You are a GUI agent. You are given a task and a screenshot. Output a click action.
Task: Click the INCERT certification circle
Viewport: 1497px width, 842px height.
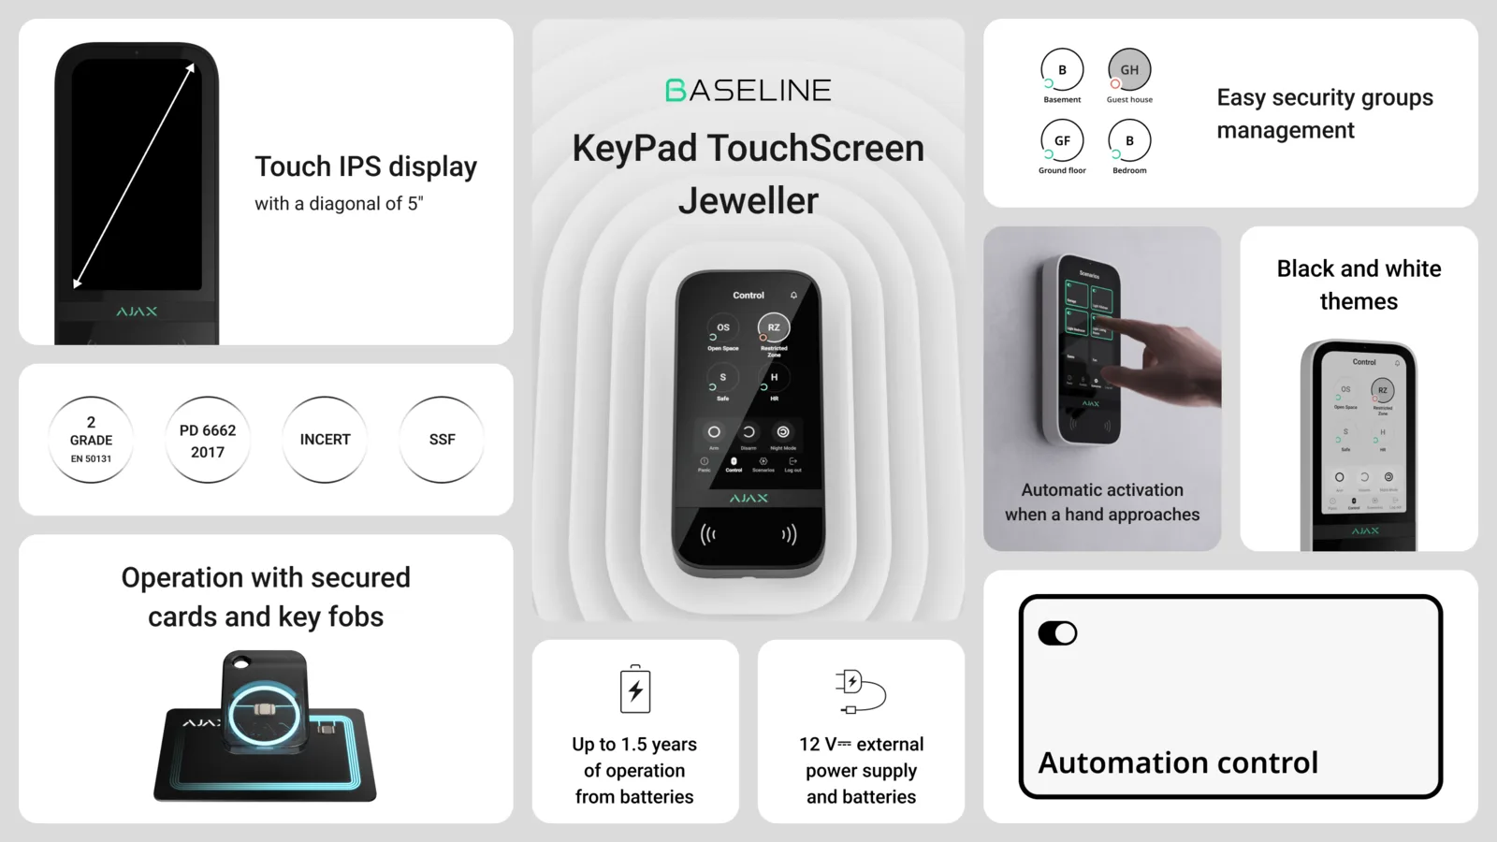325,440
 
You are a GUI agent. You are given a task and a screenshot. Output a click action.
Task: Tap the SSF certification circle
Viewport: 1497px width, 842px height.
442,440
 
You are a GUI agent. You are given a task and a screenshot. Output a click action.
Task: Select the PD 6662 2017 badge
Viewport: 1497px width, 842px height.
208,440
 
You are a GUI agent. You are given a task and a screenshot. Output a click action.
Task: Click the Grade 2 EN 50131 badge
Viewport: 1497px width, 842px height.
91,440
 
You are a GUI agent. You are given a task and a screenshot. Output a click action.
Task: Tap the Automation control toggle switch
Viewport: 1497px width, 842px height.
1057,633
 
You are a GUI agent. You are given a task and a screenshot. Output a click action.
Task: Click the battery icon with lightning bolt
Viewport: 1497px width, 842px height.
635,690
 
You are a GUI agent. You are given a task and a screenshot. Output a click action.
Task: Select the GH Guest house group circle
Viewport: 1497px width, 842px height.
1129,70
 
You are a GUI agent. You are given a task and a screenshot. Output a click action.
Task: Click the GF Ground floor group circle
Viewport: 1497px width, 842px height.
1062,141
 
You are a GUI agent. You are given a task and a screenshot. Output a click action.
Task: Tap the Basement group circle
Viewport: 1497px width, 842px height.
1062,70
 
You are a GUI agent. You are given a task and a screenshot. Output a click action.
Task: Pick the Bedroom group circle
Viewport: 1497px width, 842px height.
1129,141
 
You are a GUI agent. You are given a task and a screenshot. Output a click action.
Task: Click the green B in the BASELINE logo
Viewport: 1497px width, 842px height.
676,91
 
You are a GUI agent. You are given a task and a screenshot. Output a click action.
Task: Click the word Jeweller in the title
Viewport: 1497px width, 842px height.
748,201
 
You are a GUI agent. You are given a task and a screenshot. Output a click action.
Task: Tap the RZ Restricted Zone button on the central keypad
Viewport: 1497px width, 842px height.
774,327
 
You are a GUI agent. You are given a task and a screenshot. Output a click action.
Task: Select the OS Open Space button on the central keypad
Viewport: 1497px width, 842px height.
722,327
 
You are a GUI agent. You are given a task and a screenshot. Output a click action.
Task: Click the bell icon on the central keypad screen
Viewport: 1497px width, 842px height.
793,295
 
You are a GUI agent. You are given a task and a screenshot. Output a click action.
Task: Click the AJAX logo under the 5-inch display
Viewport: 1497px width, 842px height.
137,312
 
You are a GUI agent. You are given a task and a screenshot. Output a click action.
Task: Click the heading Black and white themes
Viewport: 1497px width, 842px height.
1359,284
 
